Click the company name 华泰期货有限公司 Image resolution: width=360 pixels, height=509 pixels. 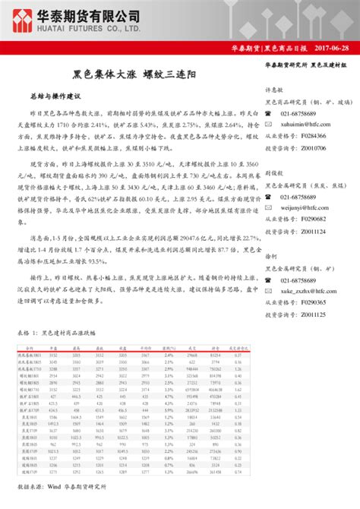tap(90, 14)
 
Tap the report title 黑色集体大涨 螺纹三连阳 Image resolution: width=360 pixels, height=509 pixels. tap(134, 76)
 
